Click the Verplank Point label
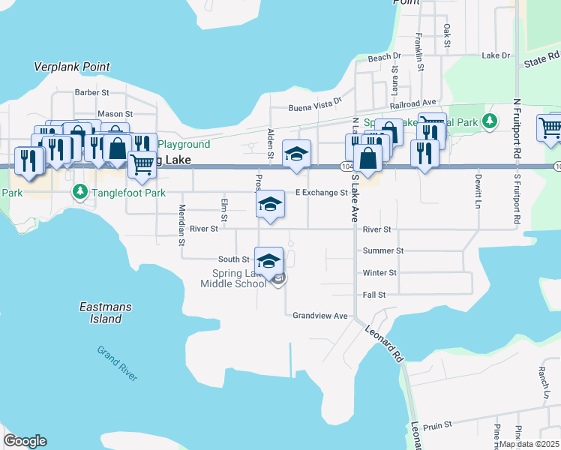tap(72, 67)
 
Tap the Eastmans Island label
tap(100, 313)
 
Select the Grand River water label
tap(117, 363)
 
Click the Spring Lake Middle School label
tap(233, 278)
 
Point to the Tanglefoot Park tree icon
tap(80, 193)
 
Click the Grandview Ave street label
tap(320, 316)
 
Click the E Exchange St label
tap(321, 193)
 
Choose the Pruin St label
tap(437, 424)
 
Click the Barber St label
tap(92, 92)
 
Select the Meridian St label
tap(181, 225)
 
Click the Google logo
tap(25, 441)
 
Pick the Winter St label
tap(379, 273)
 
